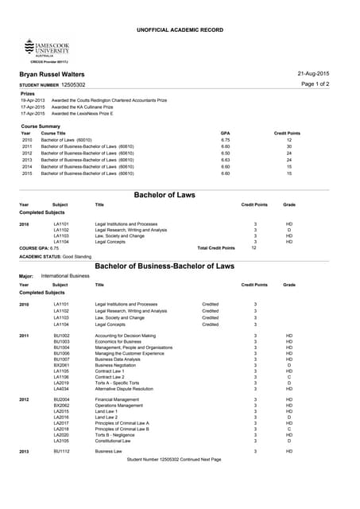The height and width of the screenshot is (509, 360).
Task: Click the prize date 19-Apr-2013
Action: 33,101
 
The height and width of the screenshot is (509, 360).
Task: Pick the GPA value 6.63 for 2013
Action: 225,159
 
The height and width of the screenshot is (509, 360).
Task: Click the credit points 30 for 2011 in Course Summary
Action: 289,146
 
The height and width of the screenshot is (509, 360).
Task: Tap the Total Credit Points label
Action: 215,248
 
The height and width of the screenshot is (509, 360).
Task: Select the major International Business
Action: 65,275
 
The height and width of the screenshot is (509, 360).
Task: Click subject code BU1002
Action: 61,336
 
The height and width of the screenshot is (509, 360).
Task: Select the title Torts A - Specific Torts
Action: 123,383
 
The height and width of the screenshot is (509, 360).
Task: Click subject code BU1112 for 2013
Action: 61,451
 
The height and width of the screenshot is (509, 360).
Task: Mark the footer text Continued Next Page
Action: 200,460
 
